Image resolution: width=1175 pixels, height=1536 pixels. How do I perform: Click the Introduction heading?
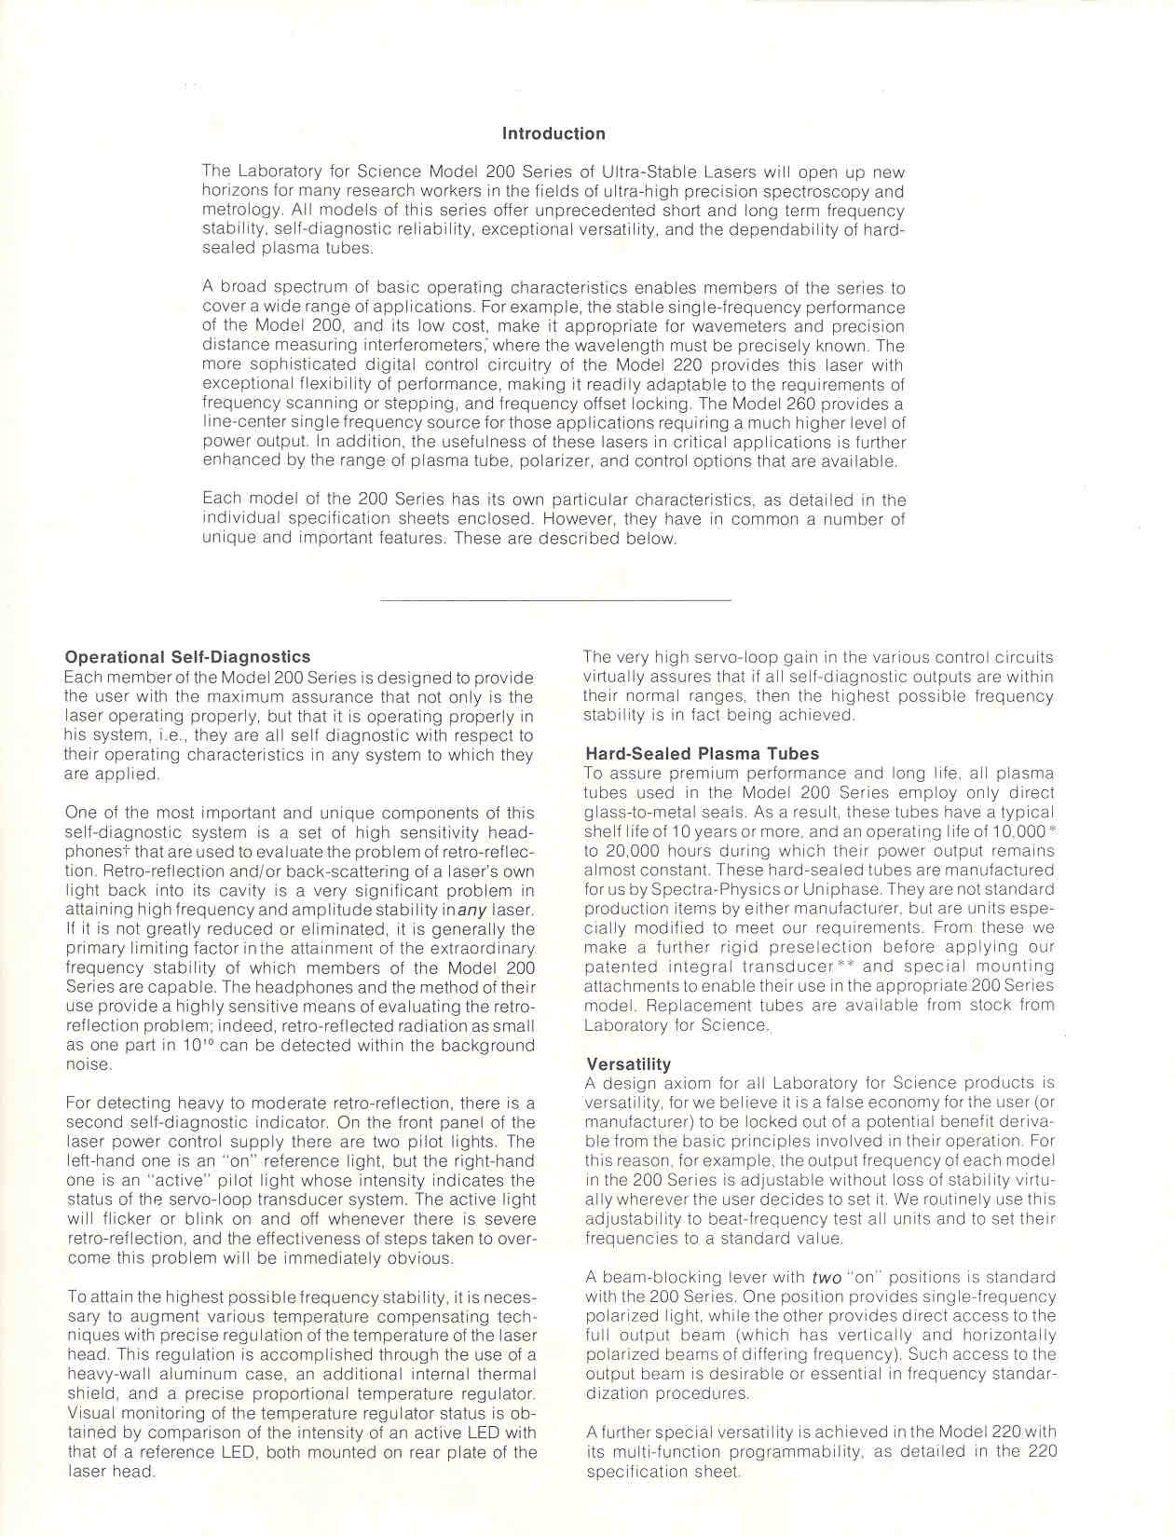coord(553,133)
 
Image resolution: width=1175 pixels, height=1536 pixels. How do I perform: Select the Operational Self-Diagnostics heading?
coord(187,658)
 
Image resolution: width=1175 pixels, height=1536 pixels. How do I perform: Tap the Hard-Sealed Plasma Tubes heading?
coord(703,754)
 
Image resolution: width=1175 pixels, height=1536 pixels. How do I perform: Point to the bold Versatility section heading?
coord(628,1064)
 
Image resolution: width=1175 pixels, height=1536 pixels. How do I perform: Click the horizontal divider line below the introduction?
coord(557,600)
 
